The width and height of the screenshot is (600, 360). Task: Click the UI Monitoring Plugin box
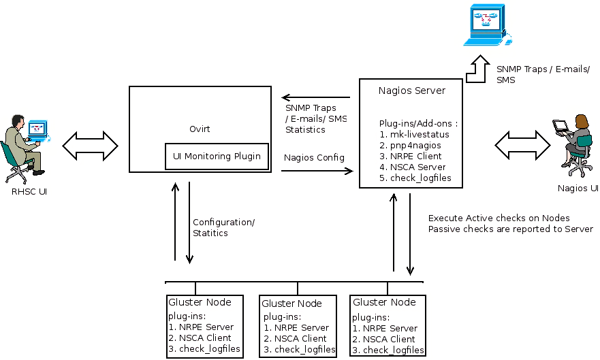[x=217, y=157]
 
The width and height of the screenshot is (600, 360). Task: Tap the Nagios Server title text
[x=411, y=91]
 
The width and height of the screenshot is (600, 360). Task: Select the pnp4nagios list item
[x=415, y=145]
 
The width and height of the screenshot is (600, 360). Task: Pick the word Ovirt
[x=200, y=129]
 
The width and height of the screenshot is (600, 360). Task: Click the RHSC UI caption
[x=29, y=192]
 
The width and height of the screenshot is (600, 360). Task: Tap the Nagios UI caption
[x=578, y=188]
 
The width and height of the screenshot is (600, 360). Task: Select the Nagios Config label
[x=314, y=158]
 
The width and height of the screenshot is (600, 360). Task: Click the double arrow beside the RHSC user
[x=90, y=145]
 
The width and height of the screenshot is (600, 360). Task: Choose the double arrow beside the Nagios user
[x=522, y=144]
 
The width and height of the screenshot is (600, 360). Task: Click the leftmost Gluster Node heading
[x=200, y=302]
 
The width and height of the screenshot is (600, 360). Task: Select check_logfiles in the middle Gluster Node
[x=300, y=350]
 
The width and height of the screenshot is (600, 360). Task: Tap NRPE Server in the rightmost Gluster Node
[x=385, y=329]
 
